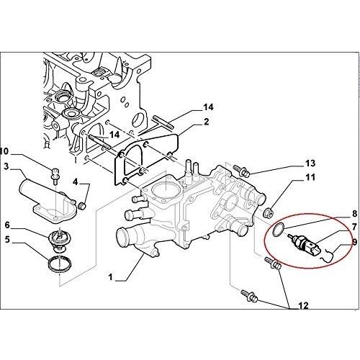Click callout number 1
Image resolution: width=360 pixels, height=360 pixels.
110,277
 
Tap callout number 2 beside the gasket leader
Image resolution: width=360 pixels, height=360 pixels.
206,122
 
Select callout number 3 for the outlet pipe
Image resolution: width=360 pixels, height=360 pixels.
6,166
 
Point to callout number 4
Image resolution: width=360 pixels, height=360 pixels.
76,182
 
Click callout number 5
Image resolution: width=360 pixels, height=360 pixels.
7,239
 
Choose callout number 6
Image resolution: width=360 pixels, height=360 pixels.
7,225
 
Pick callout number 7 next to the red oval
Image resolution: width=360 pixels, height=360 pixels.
354,226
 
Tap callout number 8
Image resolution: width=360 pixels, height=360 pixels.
354,213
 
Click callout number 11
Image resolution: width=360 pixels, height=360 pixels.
310,178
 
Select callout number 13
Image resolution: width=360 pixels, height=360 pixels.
310,163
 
